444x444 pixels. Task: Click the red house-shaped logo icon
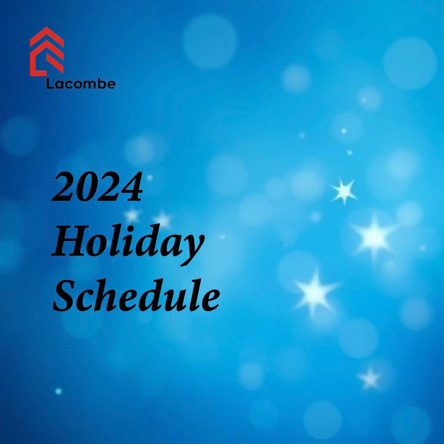click(47, 52)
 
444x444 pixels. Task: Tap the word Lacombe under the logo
click(81, 84)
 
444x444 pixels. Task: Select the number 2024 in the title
click(97, 187)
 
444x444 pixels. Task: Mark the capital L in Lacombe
click(50, 84)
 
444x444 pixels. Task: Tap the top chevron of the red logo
click(47, 35)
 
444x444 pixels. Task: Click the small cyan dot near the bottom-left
click(59, 391)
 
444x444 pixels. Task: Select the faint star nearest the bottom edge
click(370, 378)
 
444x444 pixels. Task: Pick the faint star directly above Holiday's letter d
click(162, 219)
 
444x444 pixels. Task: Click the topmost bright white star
click(344, 191)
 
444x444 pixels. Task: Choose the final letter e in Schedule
click(210, 301)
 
